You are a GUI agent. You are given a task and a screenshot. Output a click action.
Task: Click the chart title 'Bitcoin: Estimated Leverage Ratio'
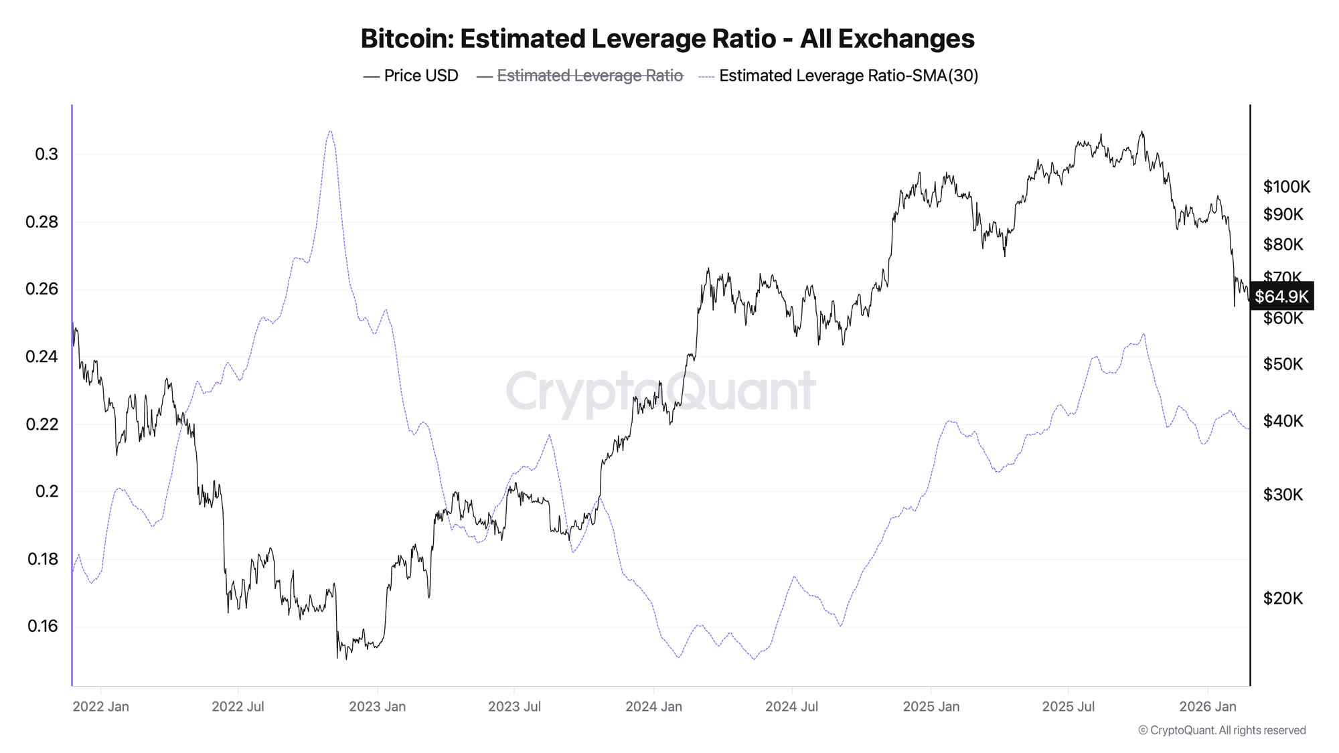coord(667,39)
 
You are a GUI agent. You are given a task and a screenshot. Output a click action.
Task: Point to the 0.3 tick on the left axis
coord(46,155)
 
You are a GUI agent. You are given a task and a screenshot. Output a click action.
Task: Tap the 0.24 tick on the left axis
coord(42,357)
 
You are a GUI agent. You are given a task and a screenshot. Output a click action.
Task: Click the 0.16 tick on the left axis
coord(42,626)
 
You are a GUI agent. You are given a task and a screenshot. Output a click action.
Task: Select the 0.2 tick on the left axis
coord(46,491)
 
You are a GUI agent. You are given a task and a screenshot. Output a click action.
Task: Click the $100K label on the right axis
coord(1286,187)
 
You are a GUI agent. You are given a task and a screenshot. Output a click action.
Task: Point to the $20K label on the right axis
coord(1283,598)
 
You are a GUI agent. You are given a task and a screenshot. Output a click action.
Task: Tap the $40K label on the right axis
coord(1283,421)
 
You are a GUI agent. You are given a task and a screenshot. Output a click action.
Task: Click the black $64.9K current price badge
coord(1281,297)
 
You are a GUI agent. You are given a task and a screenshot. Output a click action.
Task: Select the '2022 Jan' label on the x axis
coord(100,707)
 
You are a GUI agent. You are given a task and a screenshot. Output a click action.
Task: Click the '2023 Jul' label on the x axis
coord(514,707)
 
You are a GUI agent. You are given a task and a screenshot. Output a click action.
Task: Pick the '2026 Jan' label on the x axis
coord(1207,707)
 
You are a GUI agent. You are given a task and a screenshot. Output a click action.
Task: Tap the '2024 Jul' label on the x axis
coord(791,707)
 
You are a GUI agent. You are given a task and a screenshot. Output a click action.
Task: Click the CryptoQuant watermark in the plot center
coord(661,391)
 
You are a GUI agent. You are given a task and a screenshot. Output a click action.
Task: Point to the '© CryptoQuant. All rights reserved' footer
coord(1222,730)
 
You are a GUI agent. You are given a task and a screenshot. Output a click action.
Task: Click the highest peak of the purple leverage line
coord(329,131)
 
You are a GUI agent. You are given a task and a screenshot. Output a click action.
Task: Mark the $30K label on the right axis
coord(1283,495)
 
